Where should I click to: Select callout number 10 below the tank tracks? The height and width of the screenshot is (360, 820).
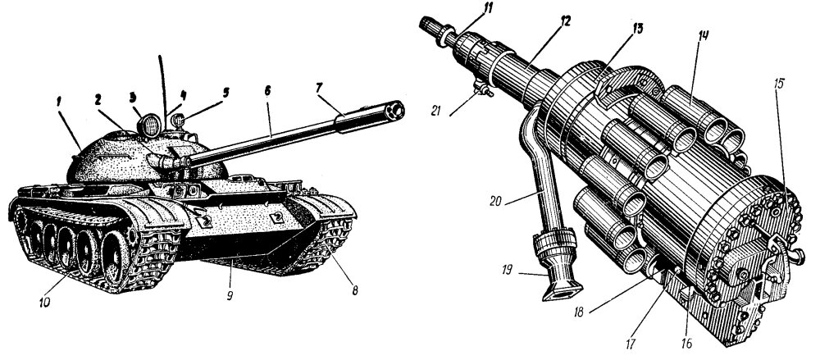point(43,302)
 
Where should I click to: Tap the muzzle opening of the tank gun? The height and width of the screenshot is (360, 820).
point(399,109)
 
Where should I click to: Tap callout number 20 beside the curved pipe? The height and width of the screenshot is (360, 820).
point(495,198)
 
